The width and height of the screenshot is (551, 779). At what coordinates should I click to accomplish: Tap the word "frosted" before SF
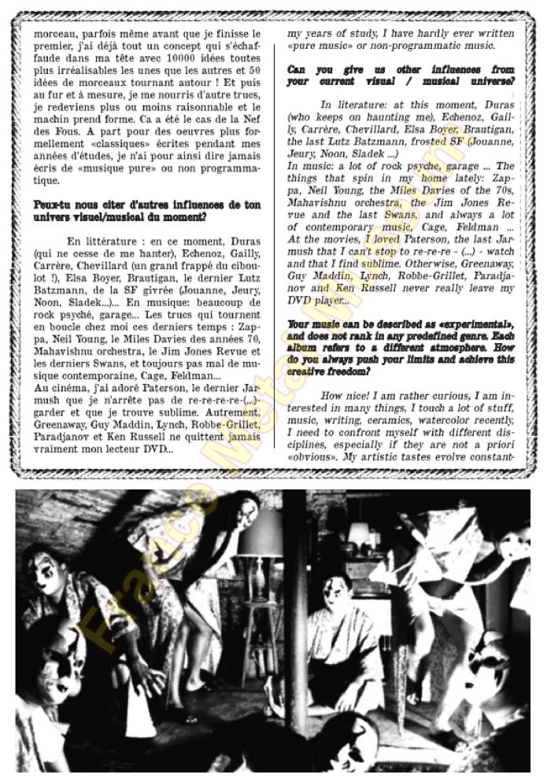click(439, 142)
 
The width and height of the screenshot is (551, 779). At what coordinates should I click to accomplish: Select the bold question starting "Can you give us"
click(401, 75)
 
